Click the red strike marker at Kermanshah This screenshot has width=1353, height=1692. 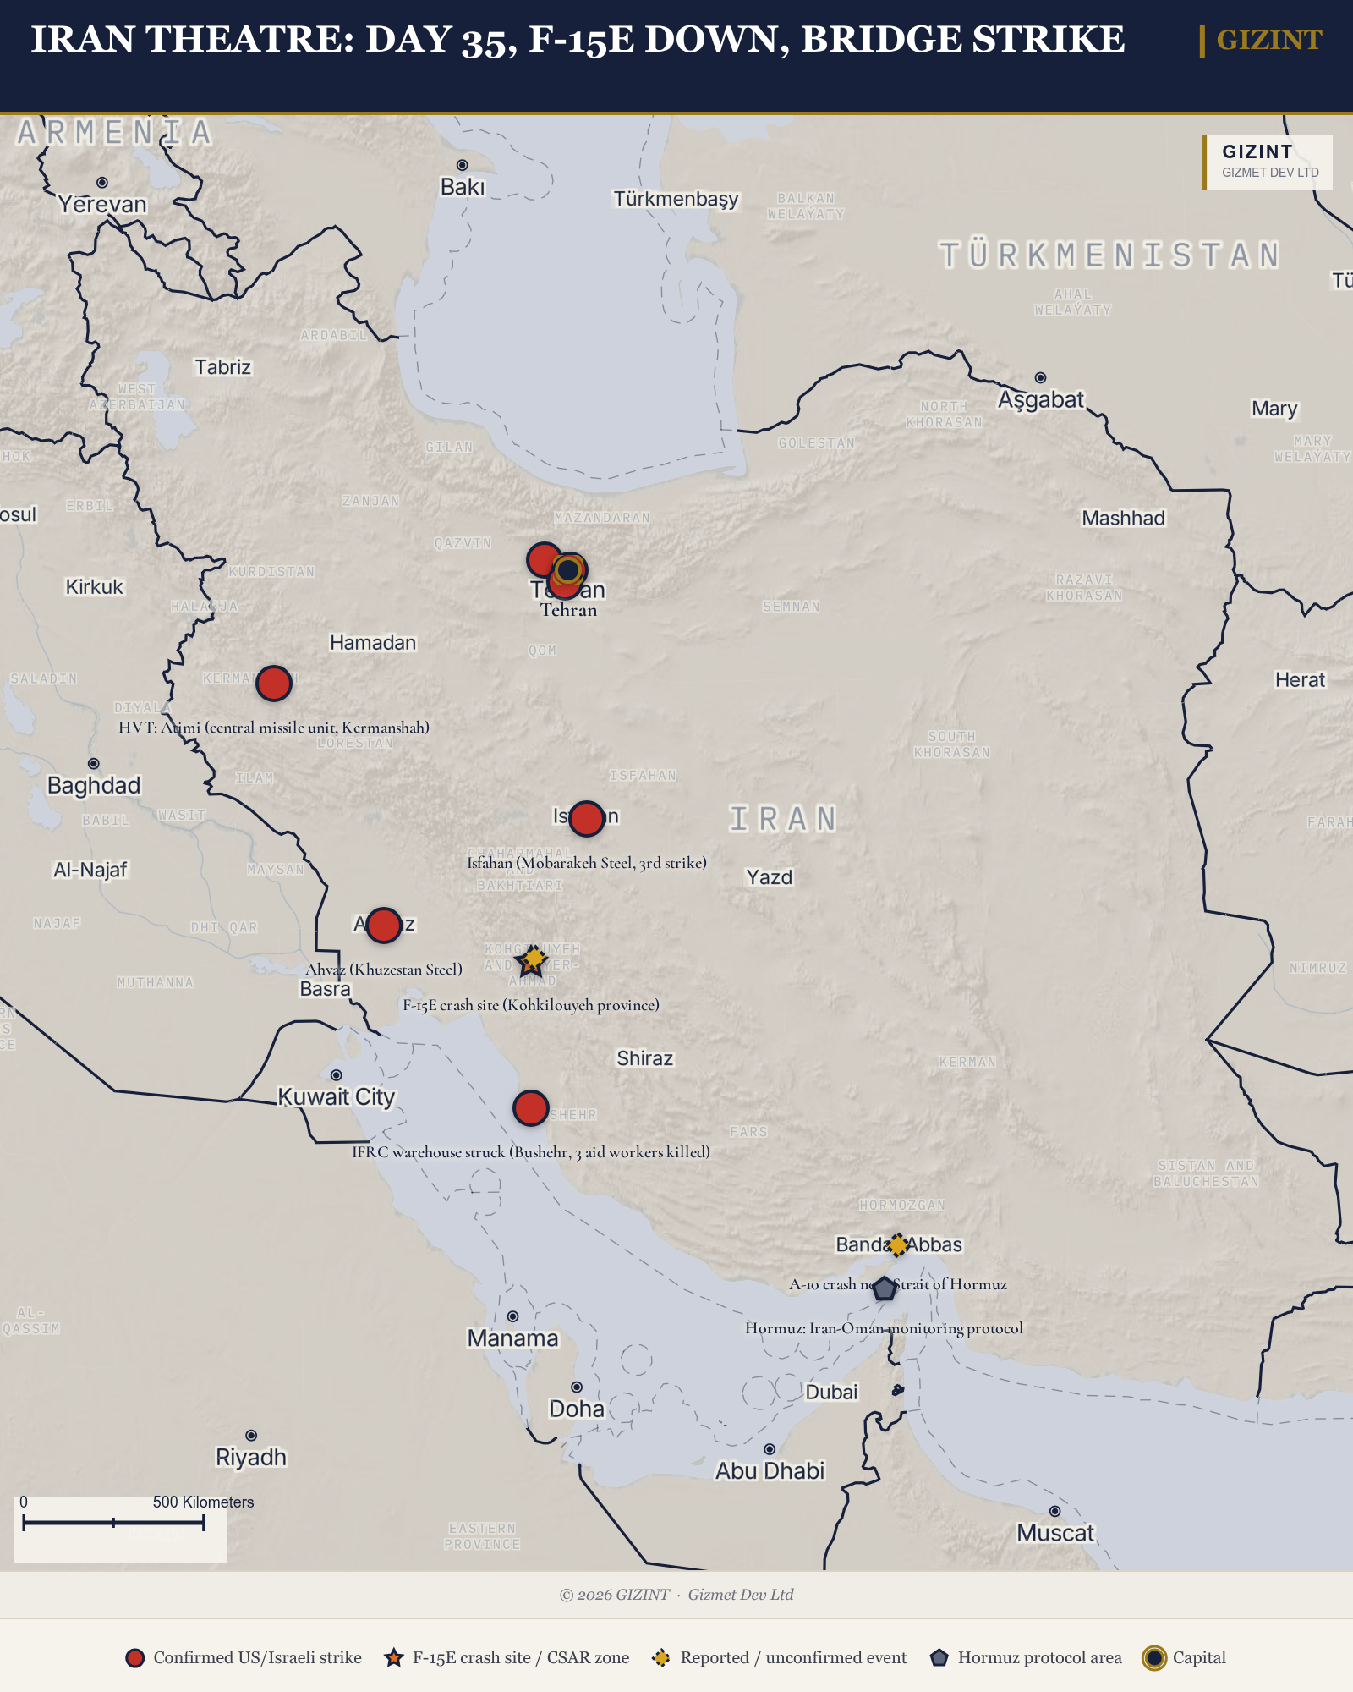(274, 683)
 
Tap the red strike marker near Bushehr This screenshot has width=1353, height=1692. (531, 1107)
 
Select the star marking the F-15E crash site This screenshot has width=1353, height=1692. (531, 961)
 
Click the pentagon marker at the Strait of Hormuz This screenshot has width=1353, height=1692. (884, 1288)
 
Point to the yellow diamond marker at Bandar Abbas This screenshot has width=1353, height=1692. (898, 1244)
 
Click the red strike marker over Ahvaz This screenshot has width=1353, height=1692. (384, 926)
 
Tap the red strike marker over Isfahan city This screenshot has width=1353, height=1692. (587, 818)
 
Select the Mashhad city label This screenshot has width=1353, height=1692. (1123, 518)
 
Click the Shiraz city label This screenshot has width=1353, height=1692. (644, 1058)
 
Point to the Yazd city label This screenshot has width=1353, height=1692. (769, 877)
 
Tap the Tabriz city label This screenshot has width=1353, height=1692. (222, 367)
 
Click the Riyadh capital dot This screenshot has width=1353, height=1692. (251, 1436)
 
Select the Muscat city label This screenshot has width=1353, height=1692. (1054, 1533)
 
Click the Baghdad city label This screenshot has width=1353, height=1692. (93, 786)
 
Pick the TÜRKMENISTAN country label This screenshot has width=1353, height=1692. (1109, 255)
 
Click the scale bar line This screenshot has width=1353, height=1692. (113, 1523)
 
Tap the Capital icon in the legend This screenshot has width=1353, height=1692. (1153, 1658)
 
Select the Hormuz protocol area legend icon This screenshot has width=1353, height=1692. (939, 1658)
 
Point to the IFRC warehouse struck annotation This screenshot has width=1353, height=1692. (531, 1151)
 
